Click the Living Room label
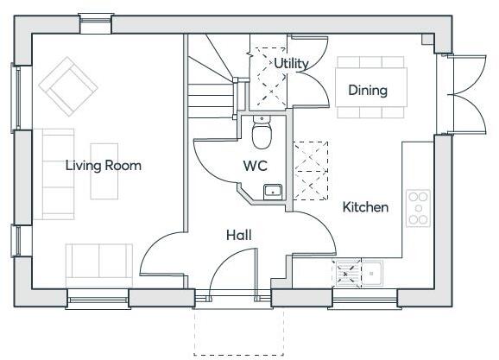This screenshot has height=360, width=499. (x=103, y=166)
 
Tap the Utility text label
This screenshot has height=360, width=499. (x=291, y=63)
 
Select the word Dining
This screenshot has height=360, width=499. (x=367, y=90)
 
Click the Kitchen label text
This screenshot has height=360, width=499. (x=365, y=207)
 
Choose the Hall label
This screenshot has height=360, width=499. (x=239, y=235)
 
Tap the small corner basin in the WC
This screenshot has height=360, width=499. (x=272, y=191)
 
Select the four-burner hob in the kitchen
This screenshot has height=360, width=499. (x=419, y=207)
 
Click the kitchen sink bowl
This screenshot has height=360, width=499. (x=374, y=274)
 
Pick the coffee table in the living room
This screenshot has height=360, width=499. (x=105, y=169)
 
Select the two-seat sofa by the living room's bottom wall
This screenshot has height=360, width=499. (x=99, y=263)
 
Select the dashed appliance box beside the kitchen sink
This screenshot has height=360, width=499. (x=348, y=274)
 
